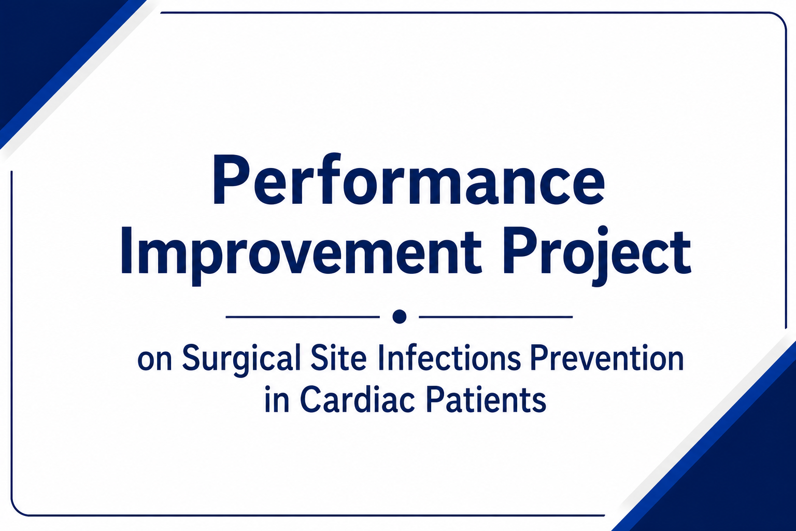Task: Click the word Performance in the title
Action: coord(408,179)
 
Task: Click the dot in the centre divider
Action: coord(400,316)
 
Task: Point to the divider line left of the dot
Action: coord(303,316)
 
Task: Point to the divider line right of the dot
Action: coord(496,316)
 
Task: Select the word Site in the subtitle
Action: coord(338,357)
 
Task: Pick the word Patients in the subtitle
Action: coord(486,399)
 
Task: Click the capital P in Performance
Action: coord(231,179)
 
